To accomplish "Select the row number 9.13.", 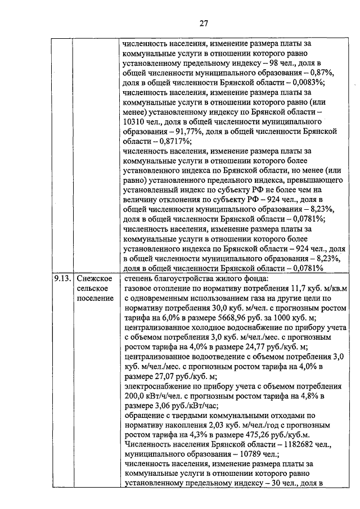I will (x=61, y=278).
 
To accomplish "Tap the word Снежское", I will (x=94, y=278).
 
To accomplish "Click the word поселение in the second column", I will (x=94, y=298).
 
